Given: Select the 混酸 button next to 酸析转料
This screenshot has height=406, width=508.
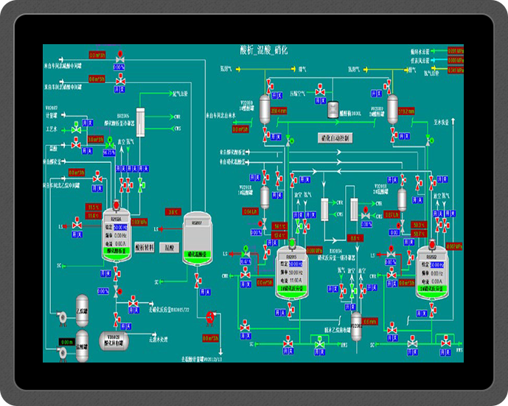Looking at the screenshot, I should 170,248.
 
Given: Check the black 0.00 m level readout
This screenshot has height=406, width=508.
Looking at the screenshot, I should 65,342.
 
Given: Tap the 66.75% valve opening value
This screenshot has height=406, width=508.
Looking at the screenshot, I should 110,152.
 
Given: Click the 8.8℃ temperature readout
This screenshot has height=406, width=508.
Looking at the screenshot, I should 355,238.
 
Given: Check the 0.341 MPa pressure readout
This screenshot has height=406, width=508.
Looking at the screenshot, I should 452,246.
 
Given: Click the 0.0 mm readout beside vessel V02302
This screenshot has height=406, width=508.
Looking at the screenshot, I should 370,321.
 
